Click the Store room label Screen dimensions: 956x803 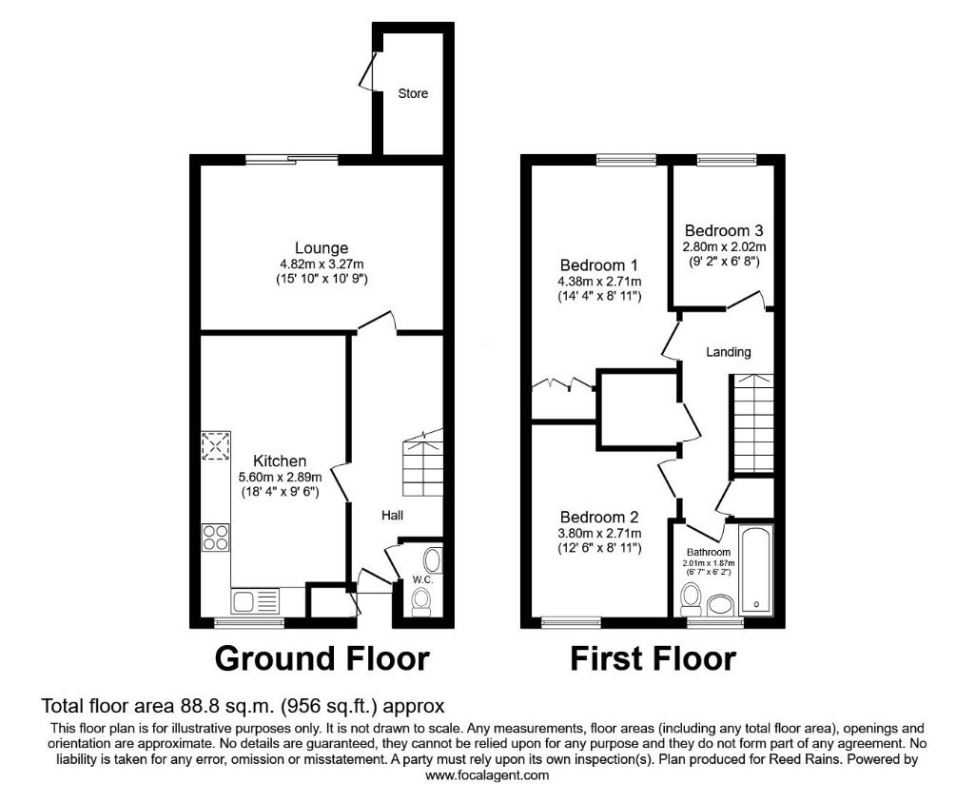(413, 93)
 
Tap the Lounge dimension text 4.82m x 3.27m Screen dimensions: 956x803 (322, 264)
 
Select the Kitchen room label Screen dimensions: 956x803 (280, 460)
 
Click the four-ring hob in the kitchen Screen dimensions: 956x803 (216, 538)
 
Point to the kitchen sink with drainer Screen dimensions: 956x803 (255, 600)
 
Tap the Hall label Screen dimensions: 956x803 (392, 516)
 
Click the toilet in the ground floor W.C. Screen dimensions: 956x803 (421, 600)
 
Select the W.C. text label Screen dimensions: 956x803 (422, 579)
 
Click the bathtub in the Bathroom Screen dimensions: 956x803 (756, 570)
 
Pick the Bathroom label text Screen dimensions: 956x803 (709, 552)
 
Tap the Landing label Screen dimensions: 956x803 (728, 352)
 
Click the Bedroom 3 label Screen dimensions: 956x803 (724, 230)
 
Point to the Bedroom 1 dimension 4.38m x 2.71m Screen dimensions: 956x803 (599, 281)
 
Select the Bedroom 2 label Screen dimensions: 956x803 (599, 517)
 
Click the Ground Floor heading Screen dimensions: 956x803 (322, 658)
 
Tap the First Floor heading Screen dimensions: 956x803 (653, 658)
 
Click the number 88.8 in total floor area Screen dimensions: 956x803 (196, 706)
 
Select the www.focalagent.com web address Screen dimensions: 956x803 (487, 775)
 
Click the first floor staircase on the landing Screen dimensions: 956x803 (751, 423)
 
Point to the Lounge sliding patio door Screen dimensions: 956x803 (292, 160)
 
